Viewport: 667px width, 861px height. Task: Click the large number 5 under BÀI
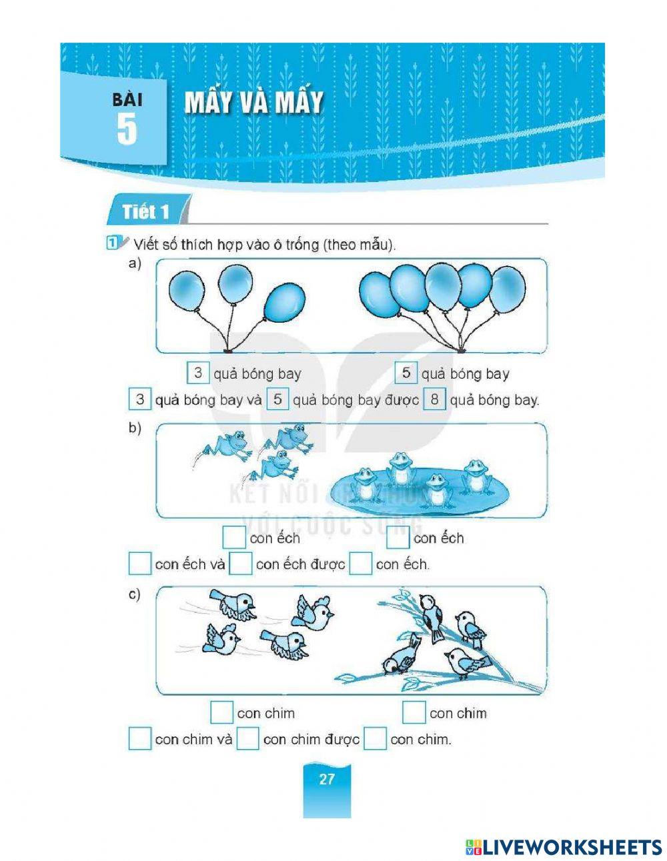[126, 130]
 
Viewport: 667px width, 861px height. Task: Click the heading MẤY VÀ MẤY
[253, 103]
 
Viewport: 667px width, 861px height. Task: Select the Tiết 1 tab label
[145, 212]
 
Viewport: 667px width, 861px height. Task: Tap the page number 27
[326, 779]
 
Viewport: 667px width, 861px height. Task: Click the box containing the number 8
[435, 400]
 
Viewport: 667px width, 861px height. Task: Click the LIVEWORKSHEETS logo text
[564, 847]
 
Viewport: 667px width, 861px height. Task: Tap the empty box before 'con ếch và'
[140, 564]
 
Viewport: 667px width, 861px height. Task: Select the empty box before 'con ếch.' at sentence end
[360, 564]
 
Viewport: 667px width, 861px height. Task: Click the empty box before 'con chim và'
[140, 738]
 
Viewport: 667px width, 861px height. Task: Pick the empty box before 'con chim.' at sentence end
[375, 738]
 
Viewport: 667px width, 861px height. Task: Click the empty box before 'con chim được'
[247, 738]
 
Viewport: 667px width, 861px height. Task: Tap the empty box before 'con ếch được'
[241, 564]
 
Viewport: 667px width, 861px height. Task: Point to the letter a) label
[135, 264]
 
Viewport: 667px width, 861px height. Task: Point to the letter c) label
[135, 594]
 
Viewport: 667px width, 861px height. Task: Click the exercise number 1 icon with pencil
[115, 243]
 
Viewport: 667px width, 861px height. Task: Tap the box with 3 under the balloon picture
[198, 373]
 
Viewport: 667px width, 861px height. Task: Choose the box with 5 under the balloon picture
[406, 373]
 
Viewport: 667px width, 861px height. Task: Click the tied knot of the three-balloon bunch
[228, 349]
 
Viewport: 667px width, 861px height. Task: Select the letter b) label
[135, 428]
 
